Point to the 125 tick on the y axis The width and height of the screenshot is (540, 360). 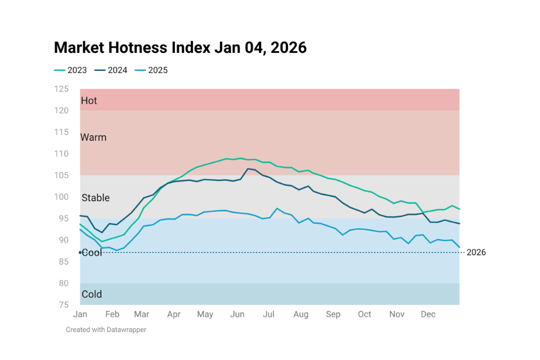[x=61, y=89]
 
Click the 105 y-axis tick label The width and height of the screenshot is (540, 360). [x=61, y=175]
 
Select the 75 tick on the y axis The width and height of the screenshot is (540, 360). [x=64, y=305]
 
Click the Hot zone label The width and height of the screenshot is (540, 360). [x=89, y=101]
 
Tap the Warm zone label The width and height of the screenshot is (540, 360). [x=93, y=137]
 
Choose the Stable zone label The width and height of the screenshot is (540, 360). [x=96, y=198]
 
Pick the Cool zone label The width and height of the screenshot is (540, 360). [x=92, y=253]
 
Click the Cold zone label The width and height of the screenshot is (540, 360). [x=92, y=294]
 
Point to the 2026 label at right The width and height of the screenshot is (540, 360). [x=476, y=253]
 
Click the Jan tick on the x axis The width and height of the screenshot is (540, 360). [x=80, y=314]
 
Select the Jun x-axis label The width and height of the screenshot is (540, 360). [x=237, y=314]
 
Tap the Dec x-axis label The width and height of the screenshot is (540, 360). [x=428, y=314]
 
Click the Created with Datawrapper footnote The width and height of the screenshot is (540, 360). [x=106, y=330]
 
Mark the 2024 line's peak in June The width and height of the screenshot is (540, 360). [x=248, y=169]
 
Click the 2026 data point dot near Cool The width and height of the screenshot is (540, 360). [x=80, y=253]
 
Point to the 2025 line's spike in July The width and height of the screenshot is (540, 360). [x=277, y=209]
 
